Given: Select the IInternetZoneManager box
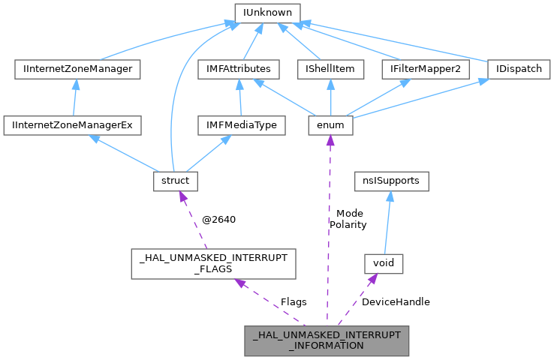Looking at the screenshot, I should (74, 70).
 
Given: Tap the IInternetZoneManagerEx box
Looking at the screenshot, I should (72, 125).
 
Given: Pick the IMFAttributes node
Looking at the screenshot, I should (239, 70).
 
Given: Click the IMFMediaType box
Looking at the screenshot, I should (239, 125).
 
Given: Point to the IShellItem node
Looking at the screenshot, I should (330, 70).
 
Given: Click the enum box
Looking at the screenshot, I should (330, 125).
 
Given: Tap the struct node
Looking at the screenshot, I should (176, 181).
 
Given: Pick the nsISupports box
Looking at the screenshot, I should (392, 181).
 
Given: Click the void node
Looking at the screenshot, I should (384, 264).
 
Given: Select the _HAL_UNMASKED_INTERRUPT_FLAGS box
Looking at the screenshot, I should (213, 264).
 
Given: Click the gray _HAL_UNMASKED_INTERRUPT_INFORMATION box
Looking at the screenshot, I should (327, 340).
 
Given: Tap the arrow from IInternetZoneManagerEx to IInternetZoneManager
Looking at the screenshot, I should (73, 97).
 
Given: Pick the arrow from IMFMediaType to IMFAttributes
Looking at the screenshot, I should (239, 97).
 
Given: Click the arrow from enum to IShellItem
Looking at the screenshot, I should (330, 97).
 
